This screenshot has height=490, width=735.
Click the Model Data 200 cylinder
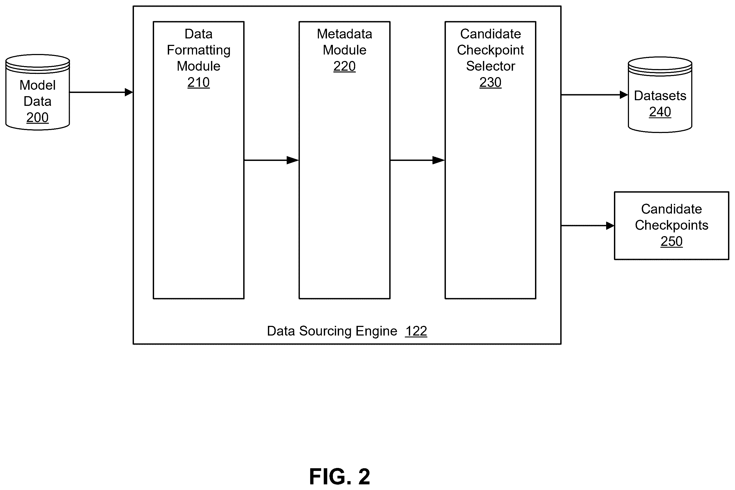click(38, 92)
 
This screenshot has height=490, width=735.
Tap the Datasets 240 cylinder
click(660, 95)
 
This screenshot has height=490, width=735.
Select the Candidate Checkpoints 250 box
click(671, 225)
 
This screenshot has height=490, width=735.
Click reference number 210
click(198, 82)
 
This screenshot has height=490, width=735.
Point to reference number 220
click(344, 66)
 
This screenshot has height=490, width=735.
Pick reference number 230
click(490, 82)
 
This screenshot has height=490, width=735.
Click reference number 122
click(416, 331)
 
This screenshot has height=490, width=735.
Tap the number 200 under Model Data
click(38, 117)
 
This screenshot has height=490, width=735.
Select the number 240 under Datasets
click(660, 112)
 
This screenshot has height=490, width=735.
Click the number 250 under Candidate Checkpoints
click(671, 241)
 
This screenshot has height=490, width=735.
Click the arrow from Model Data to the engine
click(101, 92)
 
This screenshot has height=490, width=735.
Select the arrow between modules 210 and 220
click(271, 160)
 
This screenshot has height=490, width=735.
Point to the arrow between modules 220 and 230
click(417, 160)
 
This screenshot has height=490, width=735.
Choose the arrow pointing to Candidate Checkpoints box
click(588, 226)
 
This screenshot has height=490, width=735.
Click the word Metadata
click(344, 34)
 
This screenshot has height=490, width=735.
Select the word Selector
click(490, 66)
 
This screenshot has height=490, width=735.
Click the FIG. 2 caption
click(339, 476)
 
